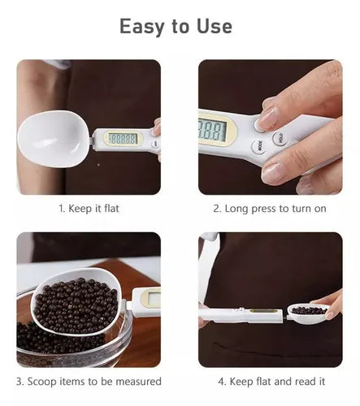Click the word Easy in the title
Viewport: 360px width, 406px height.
141,27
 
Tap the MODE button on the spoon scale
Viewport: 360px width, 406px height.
259,146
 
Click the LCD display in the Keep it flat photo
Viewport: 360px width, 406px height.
123,139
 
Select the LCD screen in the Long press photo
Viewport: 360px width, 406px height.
212,130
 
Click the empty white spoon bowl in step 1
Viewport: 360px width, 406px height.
53,139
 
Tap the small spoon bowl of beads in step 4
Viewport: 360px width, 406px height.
309,313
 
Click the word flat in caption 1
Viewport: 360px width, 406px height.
111,209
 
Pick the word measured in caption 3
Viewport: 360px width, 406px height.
139,382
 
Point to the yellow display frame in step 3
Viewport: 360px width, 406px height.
150,298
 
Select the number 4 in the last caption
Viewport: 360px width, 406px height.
221,382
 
